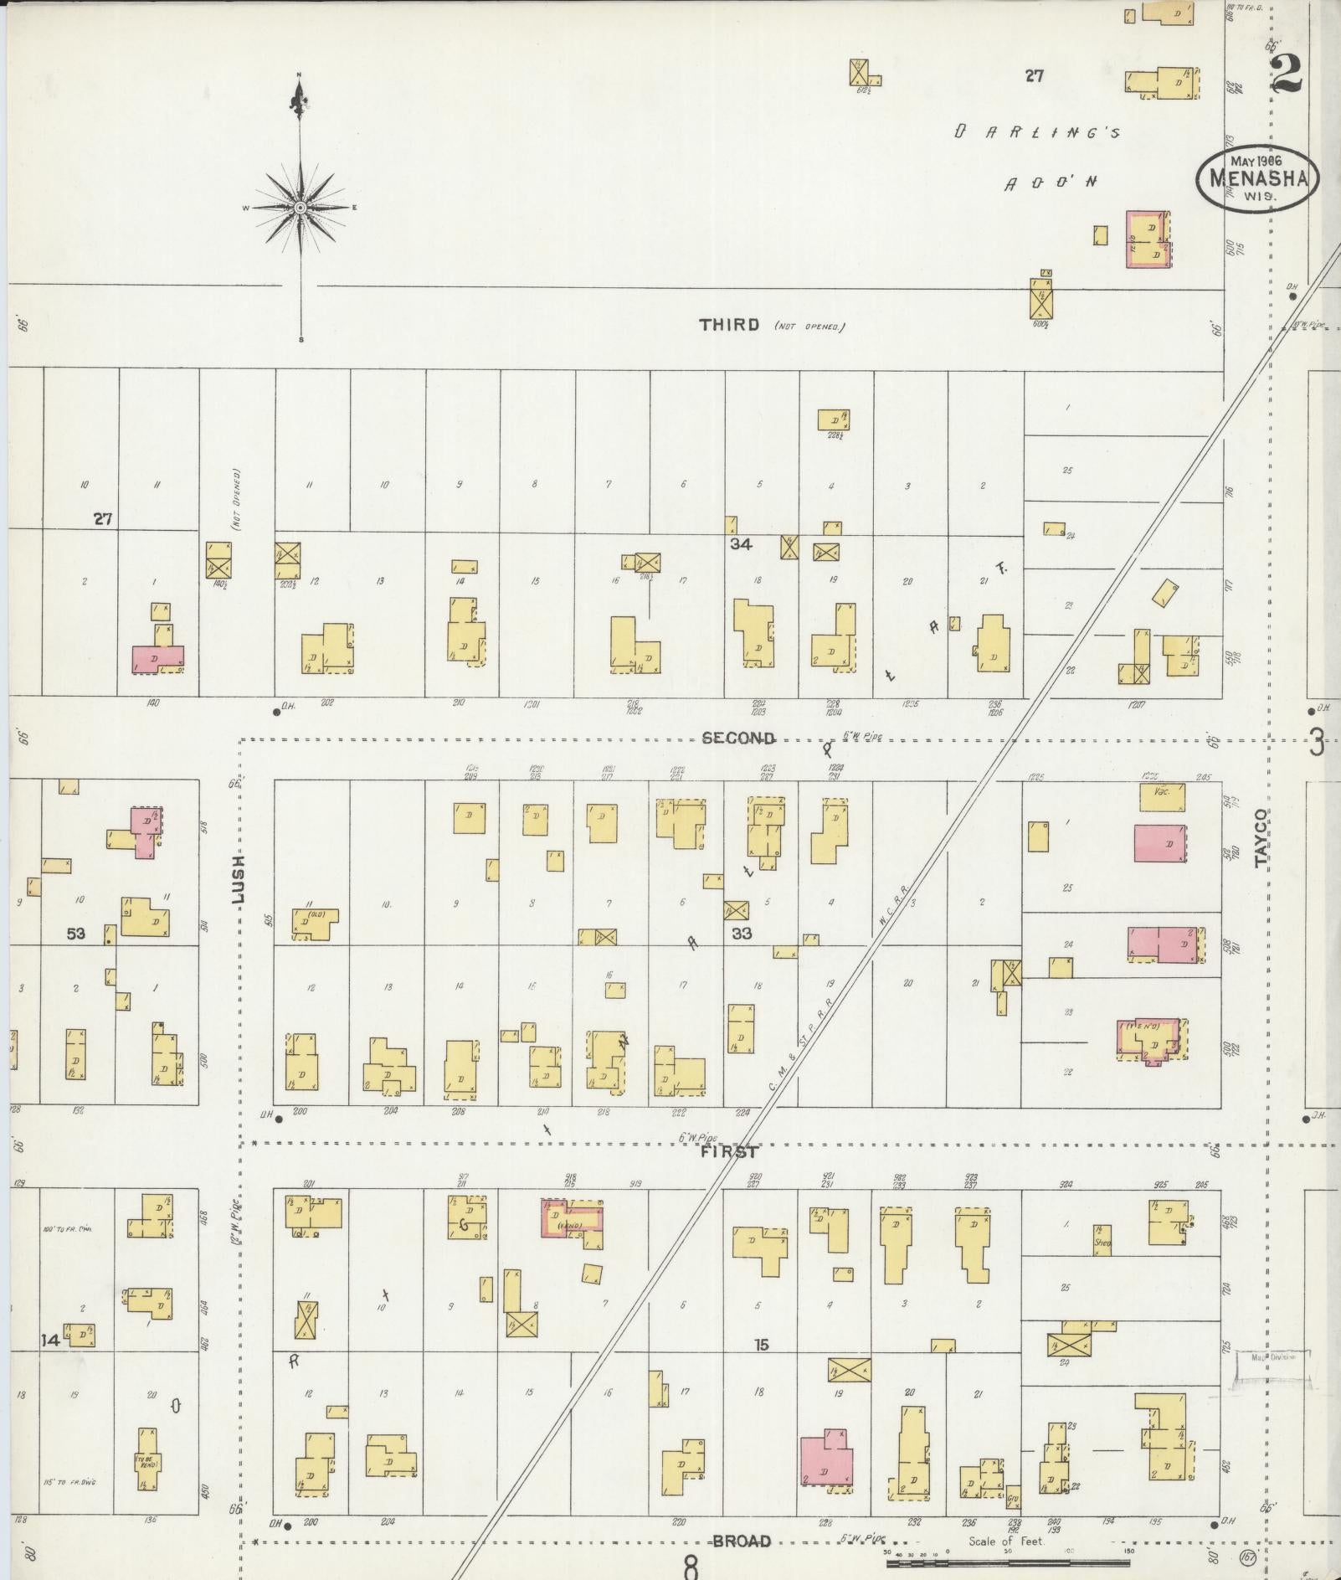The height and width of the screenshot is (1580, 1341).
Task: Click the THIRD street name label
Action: [x=729, y=325]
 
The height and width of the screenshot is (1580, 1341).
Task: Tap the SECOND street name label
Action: [x=738, y=738]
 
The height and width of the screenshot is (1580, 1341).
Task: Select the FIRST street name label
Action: [x=729, y=1152]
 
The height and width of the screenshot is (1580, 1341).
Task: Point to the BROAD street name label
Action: [x=742, y=1541]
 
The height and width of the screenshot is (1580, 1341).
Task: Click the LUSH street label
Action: [x=238, y=878]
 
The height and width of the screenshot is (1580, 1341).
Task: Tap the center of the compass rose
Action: [x=300, y=207]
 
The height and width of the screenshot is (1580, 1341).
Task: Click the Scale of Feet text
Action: [x=1005, y=1541]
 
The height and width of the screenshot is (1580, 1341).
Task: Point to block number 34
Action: [x=740, y=544]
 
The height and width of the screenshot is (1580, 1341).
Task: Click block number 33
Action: [x=742, y=933]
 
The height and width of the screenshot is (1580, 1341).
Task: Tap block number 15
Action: [x=760, y=1345]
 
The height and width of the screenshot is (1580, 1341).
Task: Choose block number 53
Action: [x=76, y=933]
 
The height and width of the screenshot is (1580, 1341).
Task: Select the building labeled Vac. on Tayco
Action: [x=1161, y=796]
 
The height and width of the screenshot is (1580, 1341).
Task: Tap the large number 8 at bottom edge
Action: [x=691, y=1566]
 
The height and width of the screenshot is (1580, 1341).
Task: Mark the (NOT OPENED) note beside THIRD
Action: [x=809, y=327]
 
